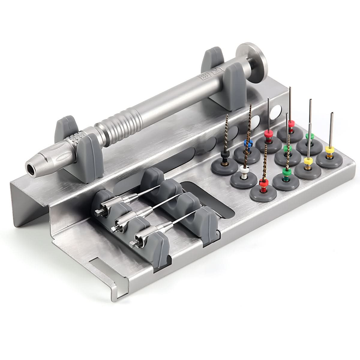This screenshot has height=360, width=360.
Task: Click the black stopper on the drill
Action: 224,155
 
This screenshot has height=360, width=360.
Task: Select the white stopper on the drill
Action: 244,168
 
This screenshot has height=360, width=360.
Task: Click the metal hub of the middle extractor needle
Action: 122,222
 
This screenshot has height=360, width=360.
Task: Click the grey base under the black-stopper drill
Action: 223,164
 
